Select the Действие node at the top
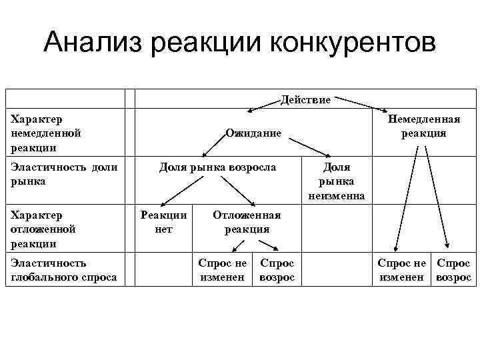pos(305,100)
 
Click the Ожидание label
pos(253,133)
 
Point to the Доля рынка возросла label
pos(217,167)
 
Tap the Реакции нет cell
pos(163,222)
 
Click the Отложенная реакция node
pos(247,222)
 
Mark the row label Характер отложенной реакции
pos(43,229)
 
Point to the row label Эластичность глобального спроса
pos(63,270)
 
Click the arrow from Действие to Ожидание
pos(265,107)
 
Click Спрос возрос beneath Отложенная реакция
pos(277,270)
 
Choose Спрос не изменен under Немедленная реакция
pos(401,270)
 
